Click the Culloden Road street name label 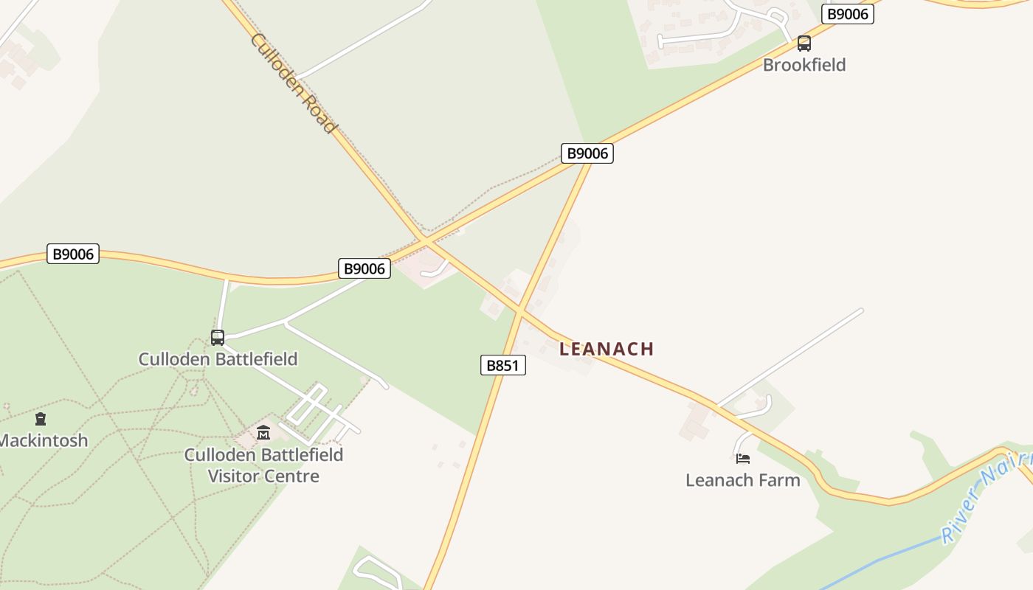(293, 83)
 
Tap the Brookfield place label (804, 65)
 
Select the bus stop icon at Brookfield (804, 43)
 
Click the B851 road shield (504, 365)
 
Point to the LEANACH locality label (607, 349)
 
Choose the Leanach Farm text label (742, 480)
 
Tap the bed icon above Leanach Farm (743, 459)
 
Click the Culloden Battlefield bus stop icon (218, 338)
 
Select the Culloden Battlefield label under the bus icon (218, 359)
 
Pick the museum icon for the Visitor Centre (263, 433)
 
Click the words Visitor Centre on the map (263, 476)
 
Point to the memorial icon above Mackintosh (41, 420)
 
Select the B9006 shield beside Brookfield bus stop (847, 14)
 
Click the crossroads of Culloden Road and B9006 (426, 241)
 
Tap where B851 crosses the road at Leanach (519, 312)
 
